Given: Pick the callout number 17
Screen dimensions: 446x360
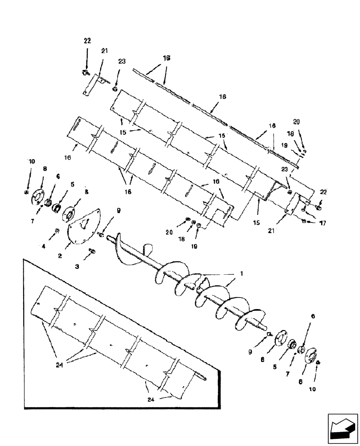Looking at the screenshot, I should pyautogui.click(x=322, y=223).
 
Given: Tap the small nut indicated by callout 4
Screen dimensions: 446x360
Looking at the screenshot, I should pyautogui.click(x=57, y=231).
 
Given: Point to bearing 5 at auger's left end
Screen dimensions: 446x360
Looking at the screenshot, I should pyautogui.click(x=57, y=208).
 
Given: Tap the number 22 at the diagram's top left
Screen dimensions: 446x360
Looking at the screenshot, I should pyautogui.click(x=87, y=41).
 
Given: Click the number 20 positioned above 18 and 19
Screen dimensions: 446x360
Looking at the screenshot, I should pyautogui.click(x=297, y=121).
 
